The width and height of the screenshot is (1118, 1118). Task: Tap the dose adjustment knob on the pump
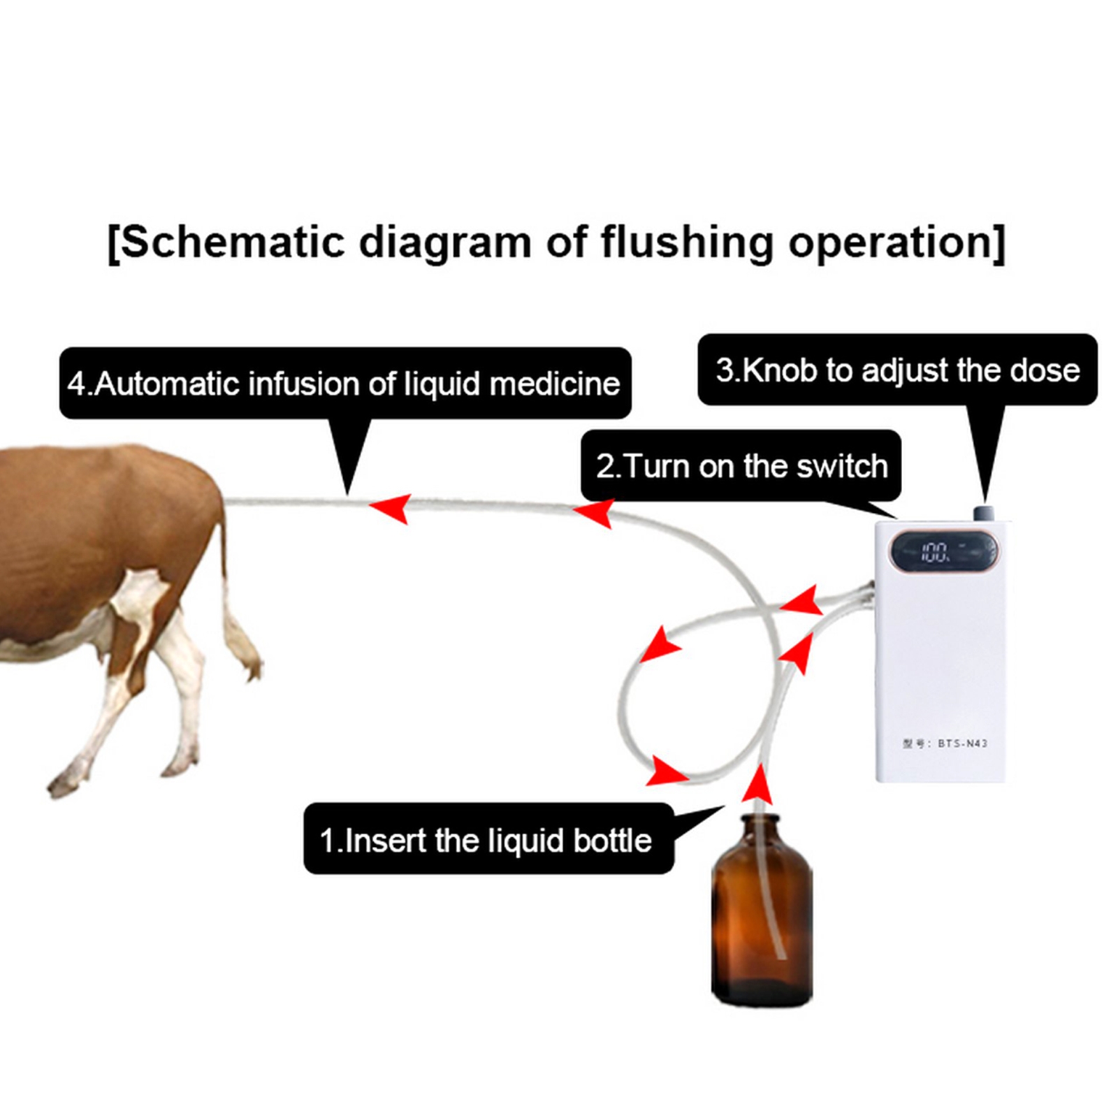(x=985, y=514)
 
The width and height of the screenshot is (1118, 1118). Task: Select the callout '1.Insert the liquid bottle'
(x=488, y=840)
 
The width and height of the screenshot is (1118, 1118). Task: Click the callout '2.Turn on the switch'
(x=741, y=466)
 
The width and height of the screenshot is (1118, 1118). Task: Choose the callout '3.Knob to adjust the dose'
(x=897, y=370)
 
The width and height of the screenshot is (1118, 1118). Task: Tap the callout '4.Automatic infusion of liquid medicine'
(x=344, y=384)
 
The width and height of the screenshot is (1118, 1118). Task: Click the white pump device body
(x=940, y=664)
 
